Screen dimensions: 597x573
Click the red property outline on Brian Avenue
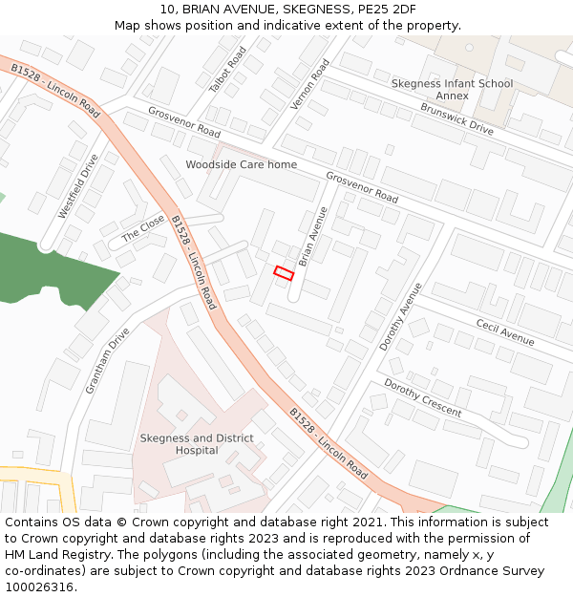click(x=284, y=272)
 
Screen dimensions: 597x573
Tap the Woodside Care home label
click(x=241, y=164)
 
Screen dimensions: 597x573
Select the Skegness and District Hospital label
click(x=197, y=444)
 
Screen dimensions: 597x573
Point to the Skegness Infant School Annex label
click(x=452, y=90)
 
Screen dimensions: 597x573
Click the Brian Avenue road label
click(x=312, y=236)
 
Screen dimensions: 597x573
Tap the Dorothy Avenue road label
click(x=400, y=316)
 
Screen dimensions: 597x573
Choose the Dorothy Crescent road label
click(x=422, y=398)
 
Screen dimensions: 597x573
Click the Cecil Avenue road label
click(x=505, y=331)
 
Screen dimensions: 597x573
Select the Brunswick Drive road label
click(x=456, y=118)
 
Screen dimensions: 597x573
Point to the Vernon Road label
click(x=309, y=83)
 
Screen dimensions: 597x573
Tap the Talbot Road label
click(x=228, y=69)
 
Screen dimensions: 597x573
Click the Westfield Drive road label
click(x=77, y=186)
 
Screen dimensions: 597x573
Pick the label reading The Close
click(x=143, y=229)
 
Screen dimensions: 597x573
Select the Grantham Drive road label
click(x=107, y=361)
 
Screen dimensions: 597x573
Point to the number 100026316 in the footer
click(x=38, y=586)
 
